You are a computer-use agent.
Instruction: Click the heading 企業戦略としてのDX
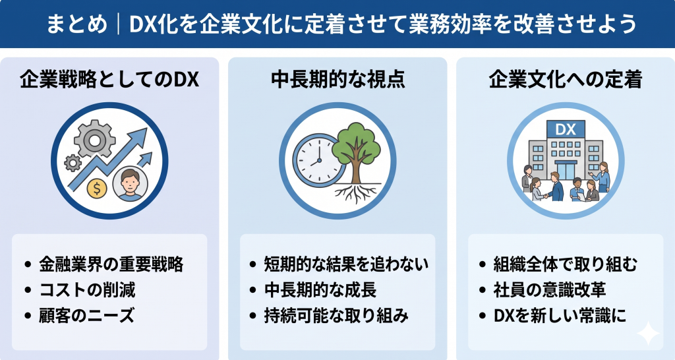click(109, 80)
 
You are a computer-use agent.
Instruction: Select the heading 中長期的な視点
click(337, 80)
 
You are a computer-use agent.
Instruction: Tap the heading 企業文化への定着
click(566, 80)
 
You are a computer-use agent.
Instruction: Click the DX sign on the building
click(565, 130)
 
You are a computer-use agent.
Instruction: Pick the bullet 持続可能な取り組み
click(336, 315)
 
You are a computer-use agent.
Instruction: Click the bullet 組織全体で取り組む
click(565, 264)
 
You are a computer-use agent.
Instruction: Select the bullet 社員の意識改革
click(549, 289)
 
